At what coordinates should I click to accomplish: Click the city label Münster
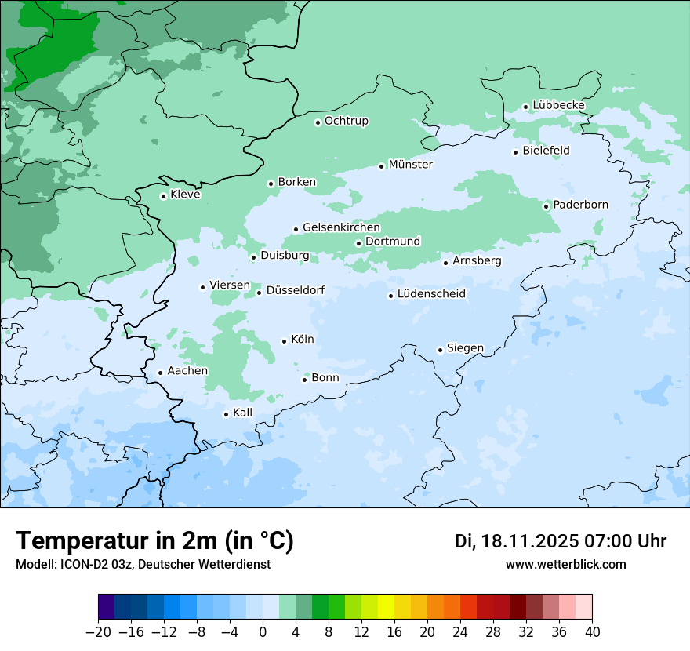click(x=410, y=165)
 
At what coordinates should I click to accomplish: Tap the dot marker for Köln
click(x=285, y=341)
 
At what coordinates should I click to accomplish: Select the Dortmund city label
click(x=393, y=242)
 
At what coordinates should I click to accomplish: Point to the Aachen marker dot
click(x=160, y=373)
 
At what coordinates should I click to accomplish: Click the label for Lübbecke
click(x=558, y=105)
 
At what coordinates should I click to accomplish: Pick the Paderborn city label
click(x=580, y=205)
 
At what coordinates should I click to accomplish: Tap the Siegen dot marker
click(x=441, y=350)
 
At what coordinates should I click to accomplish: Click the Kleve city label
click(x=185, y=195)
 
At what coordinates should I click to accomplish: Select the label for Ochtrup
click(x=346, y=121)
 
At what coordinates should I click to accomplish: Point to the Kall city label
click(x=242, y=413)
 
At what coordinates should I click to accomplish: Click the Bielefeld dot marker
click(x=516, y=152)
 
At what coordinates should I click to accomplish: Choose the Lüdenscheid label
click(x=431, y=294)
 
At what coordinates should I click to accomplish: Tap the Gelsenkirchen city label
click(x=341, y=227)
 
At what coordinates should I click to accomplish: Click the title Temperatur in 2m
click(x=154, y=540)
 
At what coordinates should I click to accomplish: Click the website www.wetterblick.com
click(x=565, y=564)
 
